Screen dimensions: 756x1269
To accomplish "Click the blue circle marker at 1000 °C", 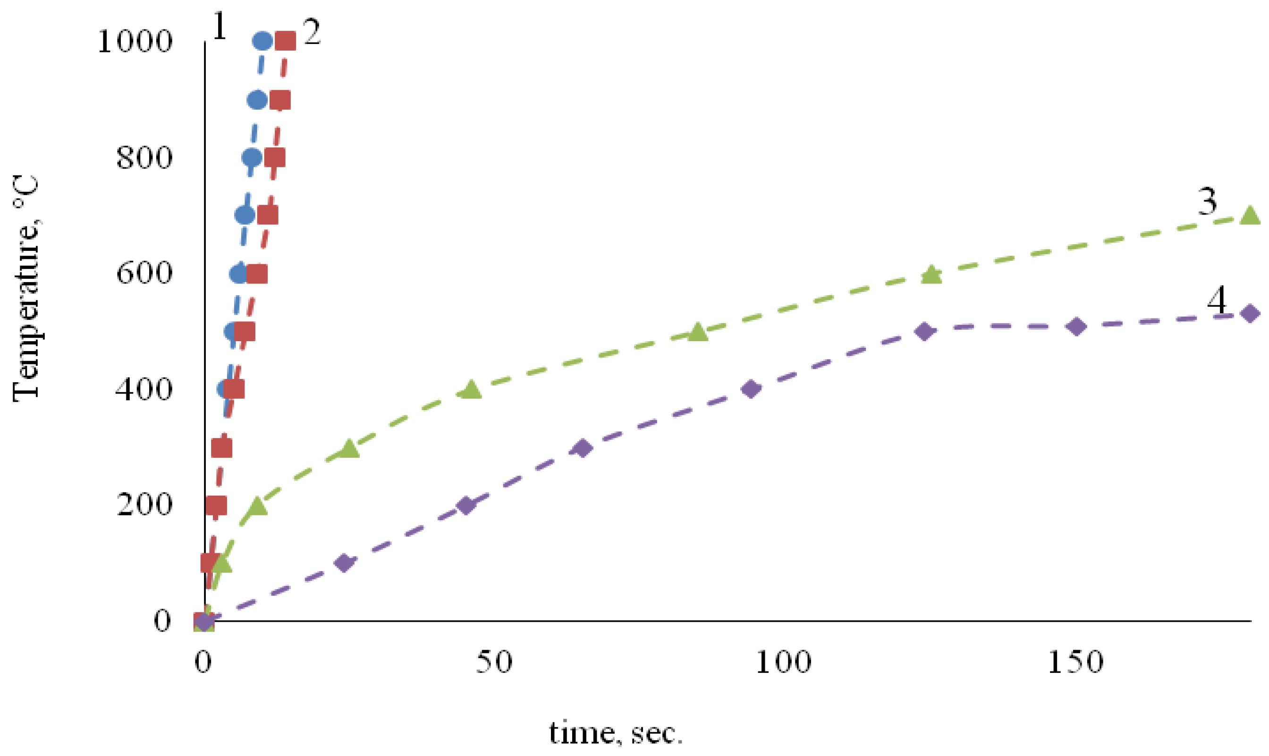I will coord(262,41).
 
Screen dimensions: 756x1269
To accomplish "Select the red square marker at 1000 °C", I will coord(285,41).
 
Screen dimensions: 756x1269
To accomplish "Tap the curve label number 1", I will coord(219,26).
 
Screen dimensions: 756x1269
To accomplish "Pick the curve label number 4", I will coord(1217,301).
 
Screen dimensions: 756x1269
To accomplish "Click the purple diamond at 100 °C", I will coord(344,563).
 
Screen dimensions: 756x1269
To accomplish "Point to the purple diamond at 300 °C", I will coord(583,448).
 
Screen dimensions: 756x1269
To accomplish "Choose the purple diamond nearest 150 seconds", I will coord(1076,326).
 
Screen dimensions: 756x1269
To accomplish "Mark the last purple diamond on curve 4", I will coord(1250,313).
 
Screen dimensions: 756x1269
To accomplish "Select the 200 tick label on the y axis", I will coord(144,505).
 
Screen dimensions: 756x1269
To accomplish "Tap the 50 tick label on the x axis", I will coord(494,663).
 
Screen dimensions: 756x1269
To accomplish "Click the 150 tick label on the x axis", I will coord(1075,663).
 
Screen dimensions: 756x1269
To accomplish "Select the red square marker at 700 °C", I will coord(268,215).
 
